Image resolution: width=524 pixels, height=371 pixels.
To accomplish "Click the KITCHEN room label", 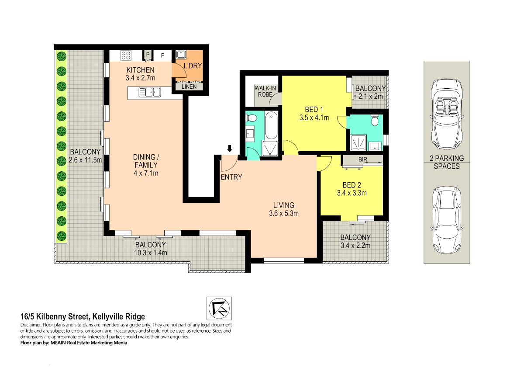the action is pos(140,70).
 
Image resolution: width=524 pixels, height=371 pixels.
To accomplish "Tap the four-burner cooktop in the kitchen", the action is pos(126,55).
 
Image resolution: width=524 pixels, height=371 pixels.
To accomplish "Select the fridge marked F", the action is pos(162,55).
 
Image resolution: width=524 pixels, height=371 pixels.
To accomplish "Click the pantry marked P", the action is pos(148,55).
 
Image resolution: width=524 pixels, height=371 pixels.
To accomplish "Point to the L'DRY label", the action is pos(193,66).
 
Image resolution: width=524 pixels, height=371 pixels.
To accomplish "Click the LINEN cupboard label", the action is pos(189,87).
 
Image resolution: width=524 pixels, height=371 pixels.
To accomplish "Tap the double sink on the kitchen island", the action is pos(149,92).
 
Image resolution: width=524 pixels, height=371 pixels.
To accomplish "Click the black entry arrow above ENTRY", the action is pos(230,149).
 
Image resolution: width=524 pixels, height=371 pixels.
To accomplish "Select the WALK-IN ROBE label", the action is pos(265,91).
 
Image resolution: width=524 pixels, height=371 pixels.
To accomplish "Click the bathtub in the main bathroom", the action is pos(271,125).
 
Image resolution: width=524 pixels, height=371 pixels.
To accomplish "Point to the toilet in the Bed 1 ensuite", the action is pos(375,120).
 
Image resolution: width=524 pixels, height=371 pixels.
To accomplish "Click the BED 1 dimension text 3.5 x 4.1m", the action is pos(314,118).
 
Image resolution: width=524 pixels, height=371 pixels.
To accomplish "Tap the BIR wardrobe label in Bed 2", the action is pos(362,159).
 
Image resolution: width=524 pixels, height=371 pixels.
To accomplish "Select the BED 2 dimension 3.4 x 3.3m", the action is pos(352,193).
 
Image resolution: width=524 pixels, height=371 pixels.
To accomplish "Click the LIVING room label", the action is pos(284,205).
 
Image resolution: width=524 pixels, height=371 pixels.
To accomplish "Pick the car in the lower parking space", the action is pos(447,221).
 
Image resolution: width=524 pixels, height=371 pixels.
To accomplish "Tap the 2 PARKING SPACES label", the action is pos(447,162).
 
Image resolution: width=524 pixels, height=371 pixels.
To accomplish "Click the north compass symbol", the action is pos(219,309).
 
